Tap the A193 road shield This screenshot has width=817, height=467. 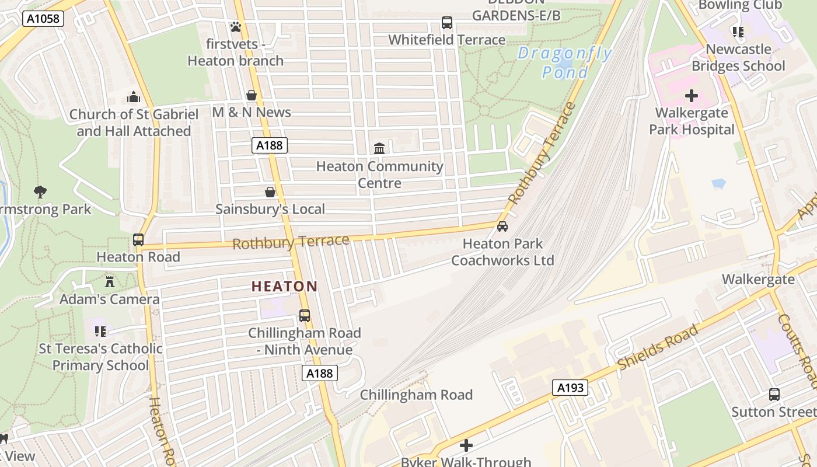coord(570,388)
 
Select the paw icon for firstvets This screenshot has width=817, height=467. coord(236,27)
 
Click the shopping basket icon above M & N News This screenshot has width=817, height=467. coord(252,95)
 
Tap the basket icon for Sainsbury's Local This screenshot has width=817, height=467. coord(270,192)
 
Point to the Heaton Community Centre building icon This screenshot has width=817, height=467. coord(379,149)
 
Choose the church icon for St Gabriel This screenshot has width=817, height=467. coord(134,97)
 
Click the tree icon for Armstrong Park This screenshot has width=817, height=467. coord(40,191)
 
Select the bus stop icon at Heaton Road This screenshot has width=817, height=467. coord(138,240)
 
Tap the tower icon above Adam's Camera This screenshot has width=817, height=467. coord(110,282)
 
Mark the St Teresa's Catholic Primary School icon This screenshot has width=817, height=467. coord(100,332)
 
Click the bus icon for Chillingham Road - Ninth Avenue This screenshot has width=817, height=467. coord(305,316)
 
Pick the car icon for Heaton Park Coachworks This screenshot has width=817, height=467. coord(502,226)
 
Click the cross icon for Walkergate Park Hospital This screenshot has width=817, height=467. coord(692,95)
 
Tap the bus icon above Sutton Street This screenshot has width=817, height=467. coord(774,395)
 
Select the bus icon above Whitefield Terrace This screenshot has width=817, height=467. coord(447,23)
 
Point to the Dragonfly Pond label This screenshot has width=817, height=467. coord(564,63)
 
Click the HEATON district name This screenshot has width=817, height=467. coord(284,287)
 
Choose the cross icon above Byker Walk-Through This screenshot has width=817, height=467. coord(466,445)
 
